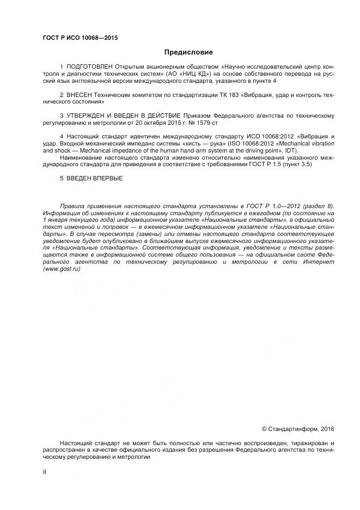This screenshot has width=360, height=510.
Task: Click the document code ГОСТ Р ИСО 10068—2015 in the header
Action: pyautogui.click(x=80, y=39)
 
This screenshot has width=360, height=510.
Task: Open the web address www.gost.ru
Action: pyautogui.click(x=62, y=270)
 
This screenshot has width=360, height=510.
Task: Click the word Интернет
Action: pyautogui.click(x=320, y=262)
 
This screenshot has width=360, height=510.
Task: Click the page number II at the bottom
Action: pyautogui.click(x=45, y=472)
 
